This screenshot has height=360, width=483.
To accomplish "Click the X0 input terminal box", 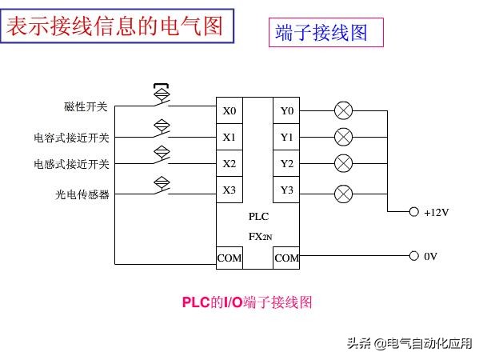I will point(230,110).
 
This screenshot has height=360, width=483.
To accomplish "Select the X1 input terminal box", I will point(230,137).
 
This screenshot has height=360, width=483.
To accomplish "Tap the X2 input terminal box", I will point(230,163).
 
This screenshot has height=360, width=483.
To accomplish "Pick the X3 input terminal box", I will point(230,190).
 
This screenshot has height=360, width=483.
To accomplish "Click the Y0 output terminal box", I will point(286,110).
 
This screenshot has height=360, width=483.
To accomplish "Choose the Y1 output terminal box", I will point(286,137).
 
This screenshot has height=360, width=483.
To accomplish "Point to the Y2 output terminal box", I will point(286,163).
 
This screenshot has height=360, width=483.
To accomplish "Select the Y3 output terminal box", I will point(286,190).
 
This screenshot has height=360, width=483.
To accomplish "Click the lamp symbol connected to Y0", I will point(343,110).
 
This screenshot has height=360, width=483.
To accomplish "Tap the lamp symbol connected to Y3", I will point(343,193).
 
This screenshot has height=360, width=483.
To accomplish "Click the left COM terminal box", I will point(230,258).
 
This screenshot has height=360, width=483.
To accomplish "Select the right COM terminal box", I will point(286,258).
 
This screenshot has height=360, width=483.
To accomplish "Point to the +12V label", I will point(437,213).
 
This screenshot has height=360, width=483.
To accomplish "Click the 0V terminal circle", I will point(413,256).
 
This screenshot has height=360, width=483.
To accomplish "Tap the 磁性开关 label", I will point(86,106).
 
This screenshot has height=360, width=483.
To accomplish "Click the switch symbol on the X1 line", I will point(162,127).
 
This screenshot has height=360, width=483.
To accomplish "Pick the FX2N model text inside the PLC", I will point(259,237).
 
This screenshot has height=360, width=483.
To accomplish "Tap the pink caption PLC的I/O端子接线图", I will point(246,302).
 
